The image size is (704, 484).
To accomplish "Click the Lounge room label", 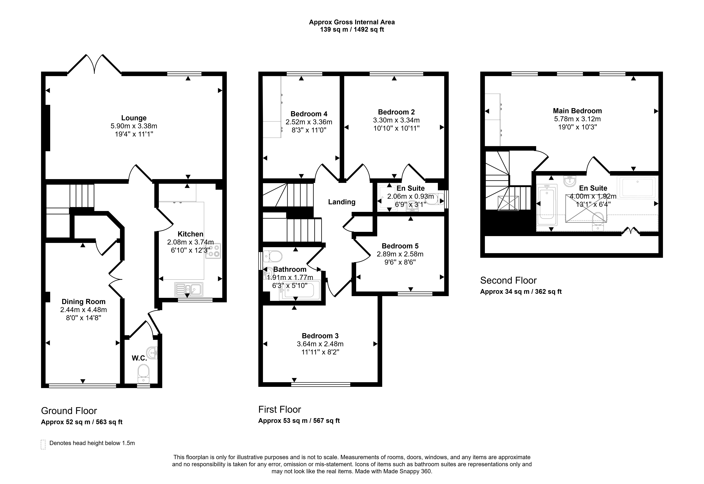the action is [x=134, y=118].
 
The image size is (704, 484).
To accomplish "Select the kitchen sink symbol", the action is [x=189, y=289].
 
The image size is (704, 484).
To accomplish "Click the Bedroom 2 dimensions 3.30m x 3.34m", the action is [x=396, y=120].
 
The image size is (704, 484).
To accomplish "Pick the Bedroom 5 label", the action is [x=400, y=246].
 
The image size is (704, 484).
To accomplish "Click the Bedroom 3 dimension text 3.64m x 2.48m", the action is [x=320, y=344].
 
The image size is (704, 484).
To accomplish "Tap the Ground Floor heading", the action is [x=69, y=411].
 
